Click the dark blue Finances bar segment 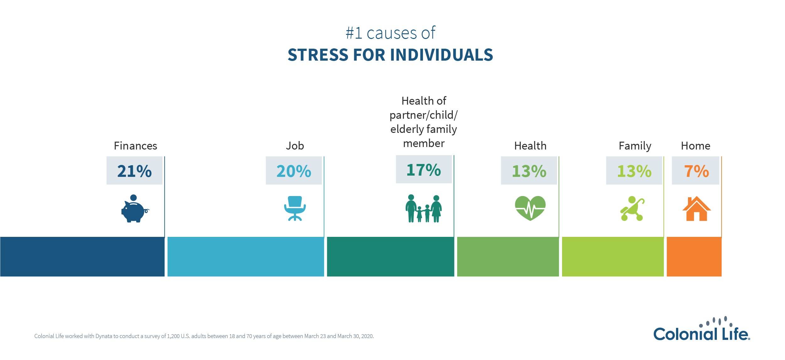click(82, 257)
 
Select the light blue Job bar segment click(246, 257)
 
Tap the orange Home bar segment click(694, 257)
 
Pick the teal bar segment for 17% click(390, 257)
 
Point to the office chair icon click(295, 208)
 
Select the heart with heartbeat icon click(530, 208)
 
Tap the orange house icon click(696, 209)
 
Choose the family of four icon click(424, 209)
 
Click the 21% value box click(134, 171)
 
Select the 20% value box click(294, 171)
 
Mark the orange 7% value click(696, 171)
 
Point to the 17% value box click(424, 169)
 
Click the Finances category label click(135, 146)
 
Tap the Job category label click(295, 146)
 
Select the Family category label click(635, 146)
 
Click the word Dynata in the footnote click(104, 336)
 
